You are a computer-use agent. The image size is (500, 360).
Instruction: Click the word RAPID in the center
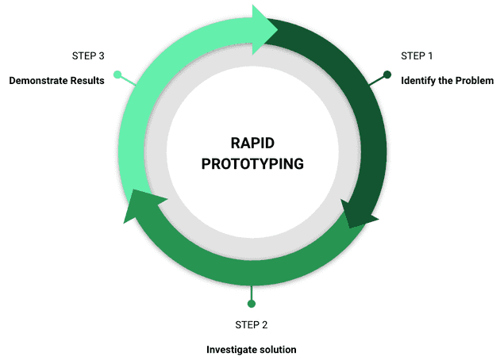pos(252,144)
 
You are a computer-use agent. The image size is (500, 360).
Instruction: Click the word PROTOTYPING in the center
pos(252,164)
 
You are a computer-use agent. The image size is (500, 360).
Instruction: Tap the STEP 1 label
pos(417,56)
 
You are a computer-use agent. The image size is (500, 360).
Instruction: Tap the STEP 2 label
pos(252,324)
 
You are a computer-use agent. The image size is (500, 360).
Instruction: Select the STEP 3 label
pos(88,56)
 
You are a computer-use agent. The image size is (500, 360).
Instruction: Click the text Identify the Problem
pos(447,81)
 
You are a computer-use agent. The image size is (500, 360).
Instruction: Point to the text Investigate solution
pos(252,350)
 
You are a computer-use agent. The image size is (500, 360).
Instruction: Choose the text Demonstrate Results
pos(56,81)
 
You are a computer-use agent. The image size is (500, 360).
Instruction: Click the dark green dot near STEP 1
pos(387,75)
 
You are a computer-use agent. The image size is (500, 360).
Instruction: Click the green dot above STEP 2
pos(252,303)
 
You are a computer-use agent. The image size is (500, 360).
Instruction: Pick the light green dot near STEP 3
pos(117,75)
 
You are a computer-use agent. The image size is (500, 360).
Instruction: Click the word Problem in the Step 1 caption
pos(473,81)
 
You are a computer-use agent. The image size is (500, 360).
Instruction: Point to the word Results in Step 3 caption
pos(86,81)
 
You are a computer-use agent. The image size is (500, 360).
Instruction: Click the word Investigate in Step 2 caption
pos(231,350)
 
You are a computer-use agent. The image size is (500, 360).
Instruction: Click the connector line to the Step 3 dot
pos(128,81)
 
